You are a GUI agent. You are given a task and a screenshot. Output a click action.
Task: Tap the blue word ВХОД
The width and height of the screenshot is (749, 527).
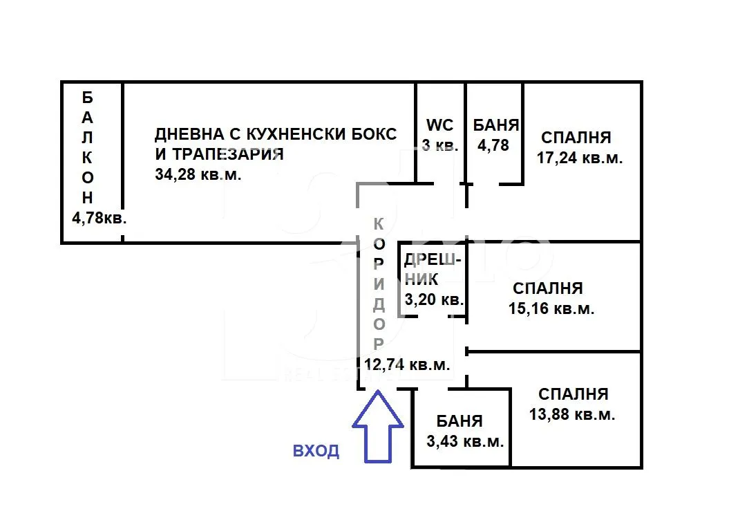click(316, 450)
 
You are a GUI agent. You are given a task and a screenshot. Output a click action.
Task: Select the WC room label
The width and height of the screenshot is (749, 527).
click(439, 125)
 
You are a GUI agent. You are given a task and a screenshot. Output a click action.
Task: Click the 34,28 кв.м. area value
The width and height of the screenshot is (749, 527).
click(198, 174)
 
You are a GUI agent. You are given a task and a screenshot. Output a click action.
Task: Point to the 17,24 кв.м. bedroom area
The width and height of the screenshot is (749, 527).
click(580, 158)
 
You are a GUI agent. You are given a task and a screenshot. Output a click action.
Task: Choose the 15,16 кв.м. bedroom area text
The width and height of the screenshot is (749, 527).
click(551, 308)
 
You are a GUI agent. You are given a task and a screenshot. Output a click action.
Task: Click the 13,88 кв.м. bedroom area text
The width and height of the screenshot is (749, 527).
click(572, 414)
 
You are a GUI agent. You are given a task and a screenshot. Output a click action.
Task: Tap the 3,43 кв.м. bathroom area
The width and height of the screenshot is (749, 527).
click(465, 441)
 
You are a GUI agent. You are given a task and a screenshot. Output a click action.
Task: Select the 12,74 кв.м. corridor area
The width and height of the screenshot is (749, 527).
click(407, 364)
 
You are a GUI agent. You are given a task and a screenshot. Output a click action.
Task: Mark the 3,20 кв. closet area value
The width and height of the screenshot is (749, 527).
click(434, 299)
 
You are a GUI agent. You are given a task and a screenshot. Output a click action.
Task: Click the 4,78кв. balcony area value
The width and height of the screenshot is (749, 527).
click(99, 218)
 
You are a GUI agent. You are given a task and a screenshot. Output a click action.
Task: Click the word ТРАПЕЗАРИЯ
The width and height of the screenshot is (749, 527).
click(228, 154)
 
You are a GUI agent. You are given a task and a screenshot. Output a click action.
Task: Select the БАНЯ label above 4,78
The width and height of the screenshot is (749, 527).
click(496, 125)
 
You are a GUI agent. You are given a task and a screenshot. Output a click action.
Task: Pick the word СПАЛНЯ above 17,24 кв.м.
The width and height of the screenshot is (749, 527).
click(576, 138)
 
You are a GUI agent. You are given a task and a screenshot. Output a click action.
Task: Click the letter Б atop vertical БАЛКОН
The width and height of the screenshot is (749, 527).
click(87, 98)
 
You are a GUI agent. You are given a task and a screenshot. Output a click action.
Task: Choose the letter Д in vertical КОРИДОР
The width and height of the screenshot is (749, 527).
click(379, 304)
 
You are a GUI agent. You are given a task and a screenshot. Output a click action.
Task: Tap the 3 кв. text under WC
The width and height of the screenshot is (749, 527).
click(440, 145)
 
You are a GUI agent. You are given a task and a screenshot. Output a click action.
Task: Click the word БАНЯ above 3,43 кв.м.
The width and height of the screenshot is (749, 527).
click(459, 420)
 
